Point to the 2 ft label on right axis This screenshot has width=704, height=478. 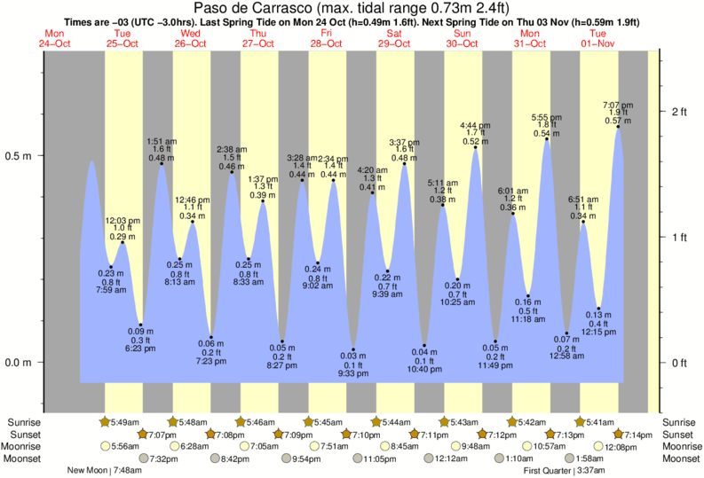tap(679, 112)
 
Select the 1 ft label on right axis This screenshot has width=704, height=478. tap(679, 238)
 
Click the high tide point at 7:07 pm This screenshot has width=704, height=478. tap(618, 127)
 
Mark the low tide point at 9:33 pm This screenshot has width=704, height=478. tap(353, 349)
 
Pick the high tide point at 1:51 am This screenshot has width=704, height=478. tap(161, 164)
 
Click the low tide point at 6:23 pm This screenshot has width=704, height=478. tap(141, 325)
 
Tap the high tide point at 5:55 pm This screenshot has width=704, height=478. tap(546, 139)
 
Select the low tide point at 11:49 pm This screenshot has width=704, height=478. tap(495, 341)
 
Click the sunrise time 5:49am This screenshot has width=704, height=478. tap(125, 421)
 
